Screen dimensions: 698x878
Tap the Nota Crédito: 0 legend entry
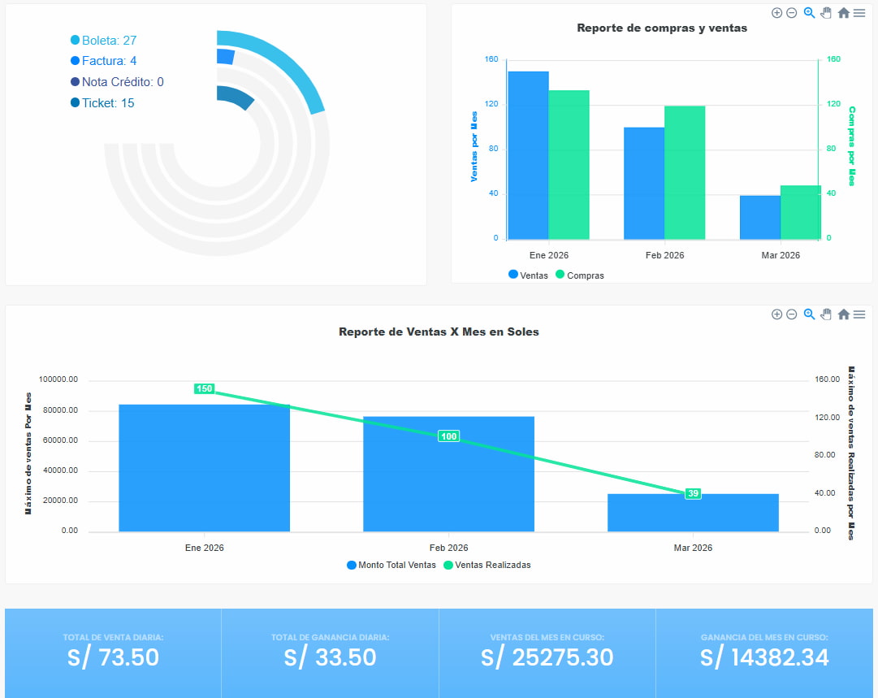122,82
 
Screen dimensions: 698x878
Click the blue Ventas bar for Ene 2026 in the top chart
528,155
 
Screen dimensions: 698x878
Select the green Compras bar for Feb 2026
685,172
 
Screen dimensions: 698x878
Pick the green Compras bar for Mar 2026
801,212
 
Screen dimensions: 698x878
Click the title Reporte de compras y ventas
662,28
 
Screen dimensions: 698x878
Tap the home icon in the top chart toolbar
844,13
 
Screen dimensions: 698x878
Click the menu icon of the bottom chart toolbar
859,314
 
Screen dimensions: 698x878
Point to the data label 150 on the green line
204,388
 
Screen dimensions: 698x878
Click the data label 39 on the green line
693,493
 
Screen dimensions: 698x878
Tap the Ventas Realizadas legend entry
492,565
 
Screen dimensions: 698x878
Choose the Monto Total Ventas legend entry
396,565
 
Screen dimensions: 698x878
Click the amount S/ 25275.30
547,657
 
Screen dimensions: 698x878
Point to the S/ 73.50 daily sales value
113,657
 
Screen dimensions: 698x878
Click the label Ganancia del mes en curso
764,638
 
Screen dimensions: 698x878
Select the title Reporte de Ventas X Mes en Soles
439,332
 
